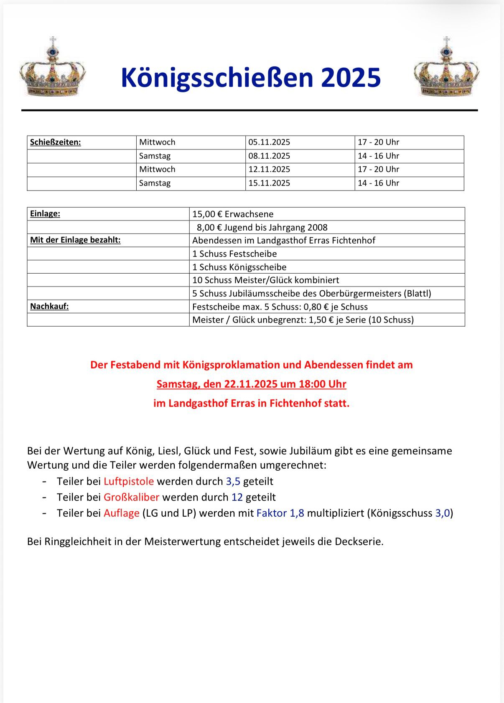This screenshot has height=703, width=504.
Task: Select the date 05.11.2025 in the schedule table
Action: click(269, 142)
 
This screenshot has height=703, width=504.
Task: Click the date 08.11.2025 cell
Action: click(269, 156)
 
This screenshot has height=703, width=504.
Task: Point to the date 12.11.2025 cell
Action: click(269, 169)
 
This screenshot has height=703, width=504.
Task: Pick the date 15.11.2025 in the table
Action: click(269, 183)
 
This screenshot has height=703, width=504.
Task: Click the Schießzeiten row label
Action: click(56, 142)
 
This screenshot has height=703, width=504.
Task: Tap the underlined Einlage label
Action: click(45, 213)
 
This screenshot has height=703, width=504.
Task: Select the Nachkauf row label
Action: click(49, 306)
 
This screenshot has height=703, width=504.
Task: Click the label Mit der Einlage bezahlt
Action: click(75, 240)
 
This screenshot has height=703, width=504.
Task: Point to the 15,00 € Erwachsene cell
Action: click(233, 214)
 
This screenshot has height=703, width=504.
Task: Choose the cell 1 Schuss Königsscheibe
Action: click(239, 267)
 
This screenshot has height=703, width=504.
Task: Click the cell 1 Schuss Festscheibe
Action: click(234, 254)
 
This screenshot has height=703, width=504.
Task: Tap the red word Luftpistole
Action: click(129, 481)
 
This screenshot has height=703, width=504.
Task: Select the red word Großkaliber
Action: click(131, 497)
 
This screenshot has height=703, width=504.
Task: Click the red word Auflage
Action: click(122, 513)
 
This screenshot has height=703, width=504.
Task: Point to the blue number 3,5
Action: click(233, 481)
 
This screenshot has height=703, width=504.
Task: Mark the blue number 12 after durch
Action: click(237, 497)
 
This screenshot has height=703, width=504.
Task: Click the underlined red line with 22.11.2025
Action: click(252, 384)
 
